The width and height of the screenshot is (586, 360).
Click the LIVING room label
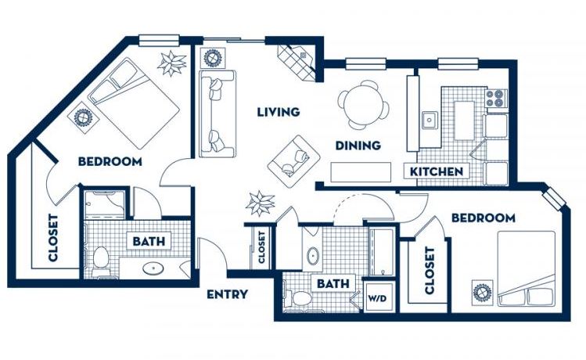279,112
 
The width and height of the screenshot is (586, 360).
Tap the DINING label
358,146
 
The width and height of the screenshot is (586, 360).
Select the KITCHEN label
437,171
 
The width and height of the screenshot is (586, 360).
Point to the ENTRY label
227,294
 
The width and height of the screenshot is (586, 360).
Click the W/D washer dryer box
377,298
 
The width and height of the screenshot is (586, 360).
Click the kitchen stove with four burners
495,98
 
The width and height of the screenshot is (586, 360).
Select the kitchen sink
430,120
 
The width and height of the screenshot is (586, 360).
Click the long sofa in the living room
218,113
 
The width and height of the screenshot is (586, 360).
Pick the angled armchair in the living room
293,161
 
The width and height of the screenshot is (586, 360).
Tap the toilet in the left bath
100,260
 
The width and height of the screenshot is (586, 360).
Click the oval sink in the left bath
153,268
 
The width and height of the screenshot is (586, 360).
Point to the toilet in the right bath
297,298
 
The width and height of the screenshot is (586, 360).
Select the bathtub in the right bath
381,252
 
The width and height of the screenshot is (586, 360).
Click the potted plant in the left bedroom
171,63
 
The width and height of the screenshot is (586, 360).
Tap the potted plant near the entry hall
261,203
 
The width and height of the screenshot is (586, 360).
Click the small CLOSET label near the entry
261,247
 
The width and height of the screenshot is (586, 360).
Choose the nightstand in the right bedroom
483,292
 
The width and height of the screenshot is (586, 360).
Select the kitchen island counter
464,121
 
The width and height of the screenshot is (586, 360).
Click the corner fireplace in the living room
298,61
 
